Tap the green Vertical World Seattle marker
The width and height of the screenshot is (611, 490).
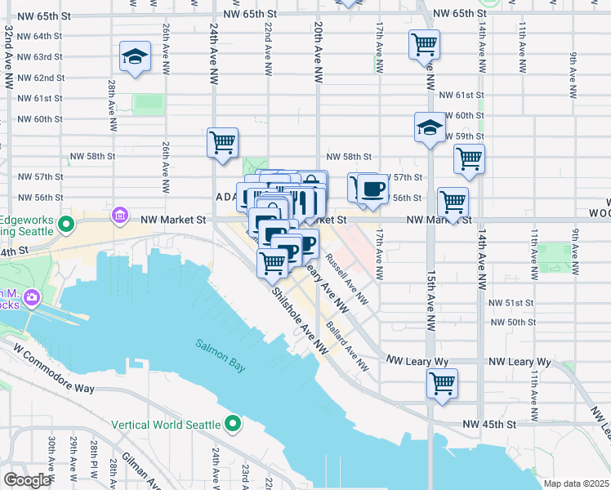tap(233, 424)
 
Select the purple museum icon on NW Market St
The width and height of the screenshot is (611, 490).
tap(120, 216)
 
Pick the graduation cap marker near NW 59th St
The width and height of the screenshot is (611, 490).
tap(430, 128)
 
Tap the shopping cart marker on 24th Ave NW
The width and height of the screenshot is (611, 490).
tap(222, 143)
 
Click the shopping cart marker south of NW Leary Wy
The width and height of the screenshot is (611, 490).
tap(442, 383)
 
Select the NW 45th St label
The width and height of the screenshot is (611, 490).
tap(489, 424)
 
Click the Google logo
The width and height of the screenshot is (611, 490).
tap(27, 479)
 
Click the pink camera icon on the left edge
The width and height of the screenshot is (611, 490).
tap(32, 296)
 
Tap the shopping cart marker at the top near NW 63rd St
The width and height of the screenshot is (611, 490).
tap(425, 45)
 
